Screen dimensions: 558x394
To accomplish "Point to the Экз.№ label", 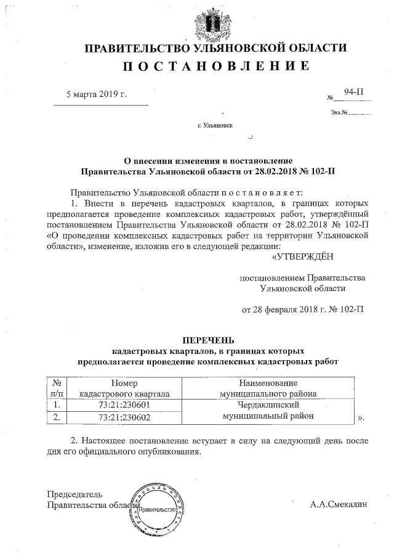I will click(340, 113).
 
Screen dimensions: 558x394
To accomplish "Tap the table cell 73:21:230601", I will click(125, 405).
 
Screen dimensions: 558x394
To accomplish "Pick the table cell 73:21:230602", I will click(125, 417).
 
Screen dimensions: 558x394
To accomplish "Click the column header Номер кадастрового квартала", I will click(125, 388).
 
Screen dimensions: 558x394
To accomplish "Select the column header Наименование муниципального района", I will click(268, 388).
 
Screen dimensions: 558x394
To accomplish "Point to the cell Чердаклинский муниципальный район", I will click(268, 411).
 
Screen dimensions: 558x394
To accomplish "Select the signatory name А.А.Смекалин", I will click(338, 504).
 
